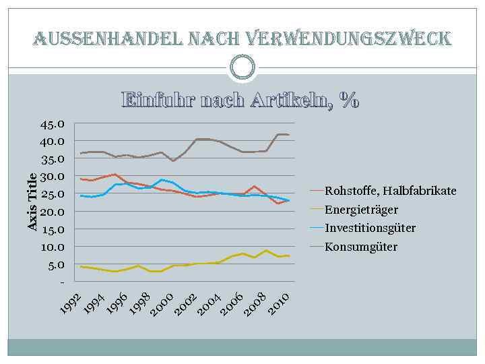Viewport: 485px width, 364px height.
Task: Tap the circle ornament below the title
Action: pyautogui.click(x=243, y=67)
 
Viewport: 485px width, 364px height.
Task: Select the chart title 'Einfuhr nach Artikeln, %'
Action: pyautogui.click(x=240, y=100)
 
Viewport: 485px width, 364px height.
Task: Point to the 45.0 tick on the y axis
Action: pyautogui.click(x=52, y=124)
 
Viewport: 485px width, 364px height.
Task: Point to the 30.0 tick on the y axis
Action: pyautogui.click(x=52, y=177)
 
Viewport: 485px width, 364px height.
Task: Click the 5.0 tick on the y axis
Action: pyautogui.click(x=55, y=264)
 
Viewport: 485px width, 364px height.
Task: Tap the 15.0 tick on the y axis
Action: pyautogui.click(x=52, y=229)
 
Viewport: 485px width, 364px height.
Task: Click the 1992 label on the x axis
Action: pyautogui.click(x=71, y=303)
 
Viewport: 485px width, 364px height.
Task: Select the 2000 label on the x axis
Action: pyautogui.click(x=162, y=303)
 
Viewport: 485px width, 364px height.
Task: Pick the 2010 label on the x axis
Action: pyautogui.click(x=278, y=303)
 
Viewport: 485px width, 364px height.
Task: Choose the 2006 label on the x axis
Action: pyautogui.click(x=232, y=303)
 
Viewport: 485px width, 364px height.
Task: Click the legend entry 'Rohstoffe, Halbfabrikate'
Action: pyautogui.click(x=390, y=191)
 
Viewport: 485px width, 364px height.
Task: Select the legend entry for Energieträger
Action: pyautogui.click(x=361, y=210)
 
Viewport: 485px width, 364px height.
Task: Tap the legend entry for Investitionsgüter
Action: pyautogui.click(x=370, y=228)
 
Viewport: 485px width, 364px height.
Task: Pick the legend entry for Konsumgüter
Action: pyautogui.click(x=361, y=247)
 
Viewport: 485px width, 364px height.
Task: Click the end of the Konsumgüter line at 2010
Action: pyautogui.click(x=289, y=135)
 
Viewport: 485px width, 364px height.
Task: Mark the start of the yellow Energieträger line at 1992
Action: pyautogui.click(x=81, y=267)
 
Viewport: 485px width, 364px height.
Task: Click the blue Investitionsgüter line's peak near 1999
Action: pyautogui.click(x=161, y=179)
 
